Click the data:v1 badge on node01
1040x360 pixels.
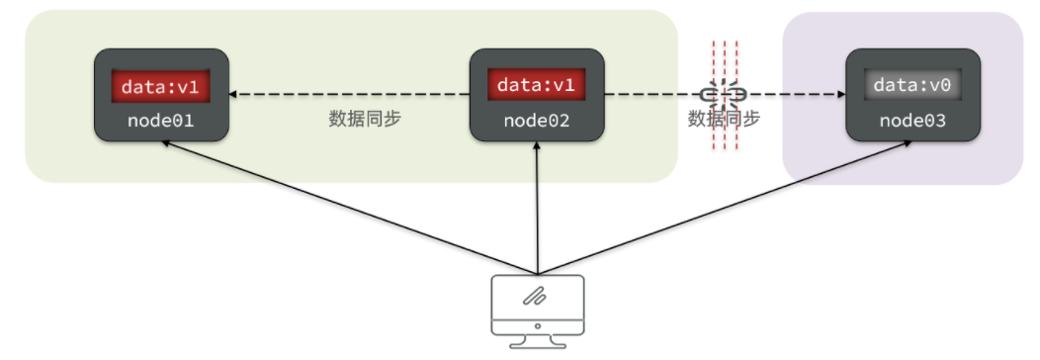pos(160,86)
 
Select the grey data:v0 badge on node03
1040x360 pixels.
pos(912,85)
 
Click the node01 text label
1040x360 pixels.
pos(161,122)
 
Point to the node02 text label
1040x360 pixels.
pos(537,121)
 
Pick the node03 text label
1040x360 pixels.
pos(912,121)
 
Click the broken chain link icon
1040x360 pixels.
pos(724,96)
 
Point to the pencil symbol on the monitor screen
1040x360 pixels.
pos(534,297)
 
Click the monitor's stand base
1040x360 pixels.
pos(537,344)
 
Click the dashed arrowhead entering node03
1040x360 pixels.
pos(841,95)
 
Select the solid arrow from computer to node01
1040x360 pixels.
pos(350,207)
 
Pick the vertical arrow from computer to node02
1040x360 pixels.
pos(537,207)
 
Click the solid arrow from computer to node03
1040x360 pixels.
pos(725,207)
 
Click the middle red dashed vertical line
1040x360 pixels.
pos(725,95)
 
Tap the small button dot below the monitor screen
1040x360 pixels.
pos(537,326)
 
